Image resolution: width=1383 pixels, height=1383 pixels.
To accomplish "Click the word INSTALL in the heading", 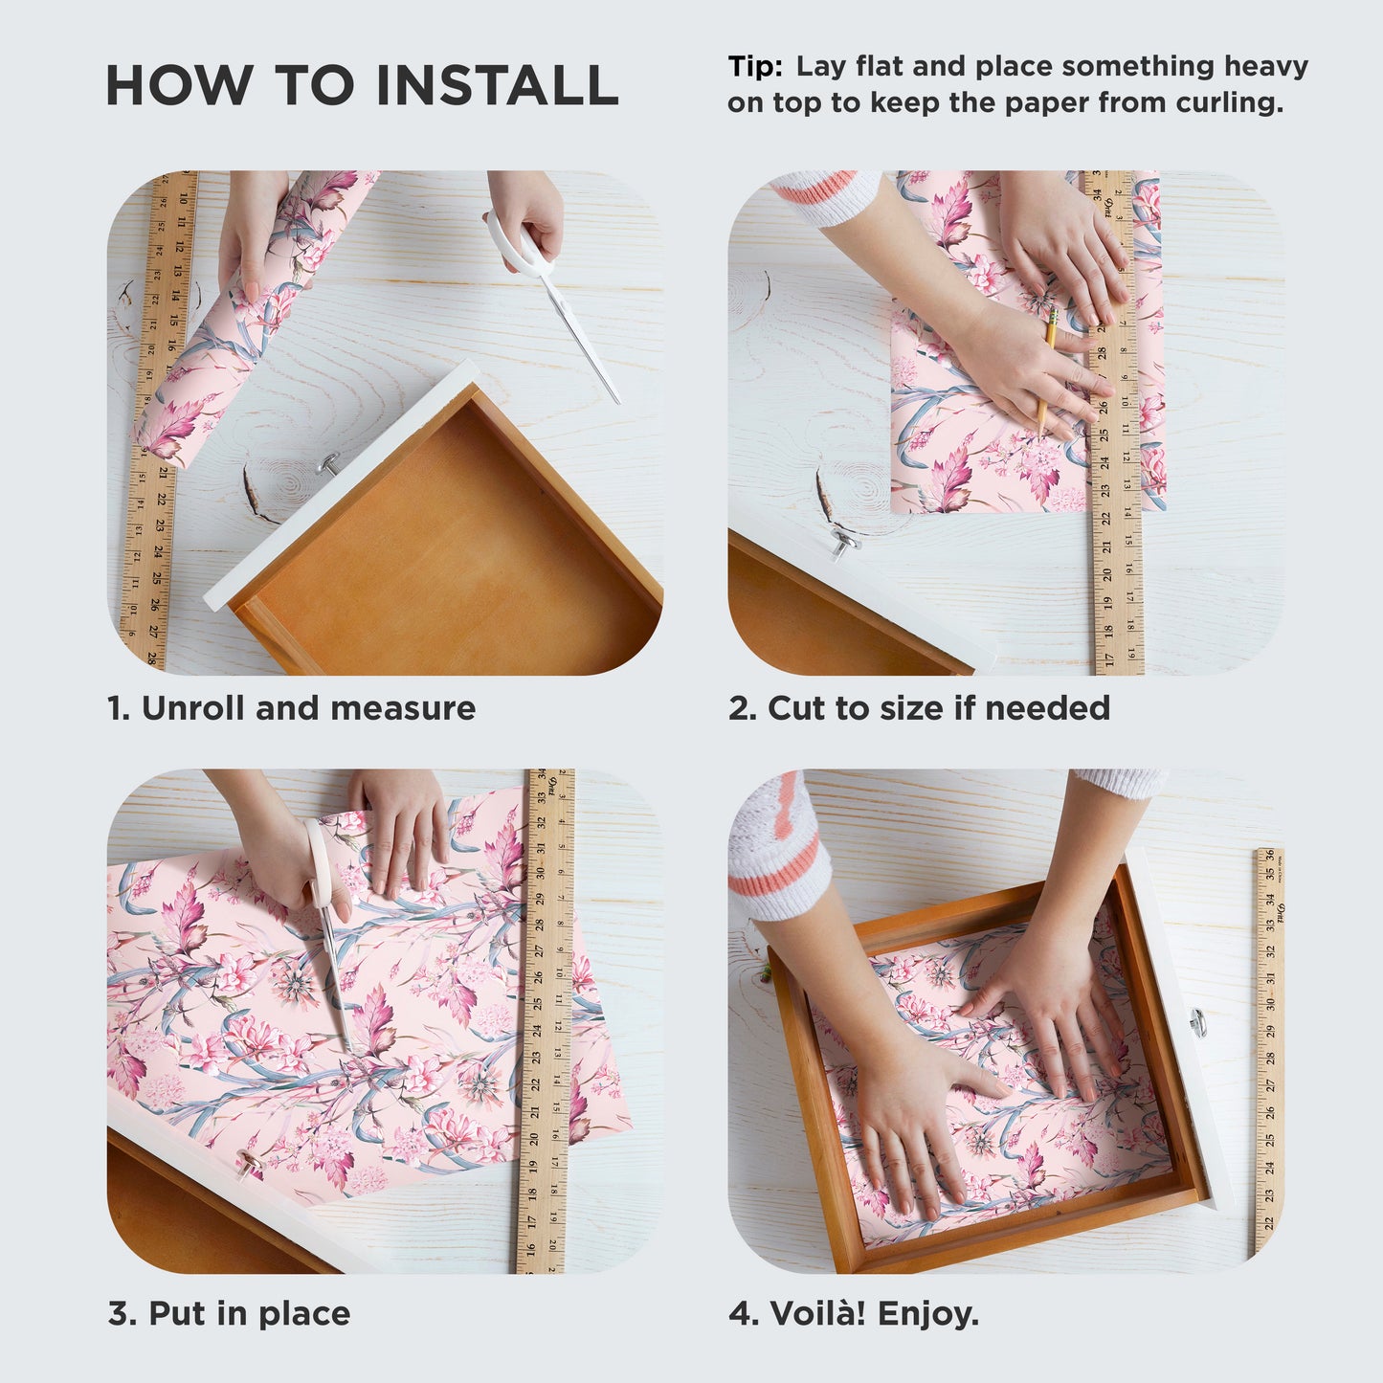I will pyautogui.click(x=497, y=85).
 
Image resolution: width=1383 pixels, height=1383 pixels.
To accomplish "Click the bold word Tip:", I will pyautogui.click(x=755, y=66).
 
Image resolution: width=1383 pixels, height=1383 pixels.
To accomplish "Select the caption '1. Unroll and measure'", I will pyautogui.click(x=291, y=708).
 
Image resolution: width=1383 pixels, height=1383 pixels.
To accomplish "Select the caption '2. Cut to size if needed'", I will pyautogui.click(x=919, y=708).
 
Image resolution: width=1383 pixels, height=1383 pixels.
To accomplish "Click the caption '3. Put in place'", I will pyautogui.click(x=229, y=1313).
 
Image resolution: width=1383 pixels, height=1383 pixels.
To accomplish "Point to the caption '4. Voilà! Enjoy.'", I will pyautogui.click(x=854, y=1313).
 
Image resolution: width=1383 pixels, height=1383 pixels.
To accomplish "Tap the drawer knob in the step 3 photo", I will pyautogui.click(x=252, y=1162).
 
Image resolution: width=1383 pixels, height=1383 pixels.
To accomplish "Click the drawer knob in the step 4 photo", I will pyautogui.click(x=1197, y=1021).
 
